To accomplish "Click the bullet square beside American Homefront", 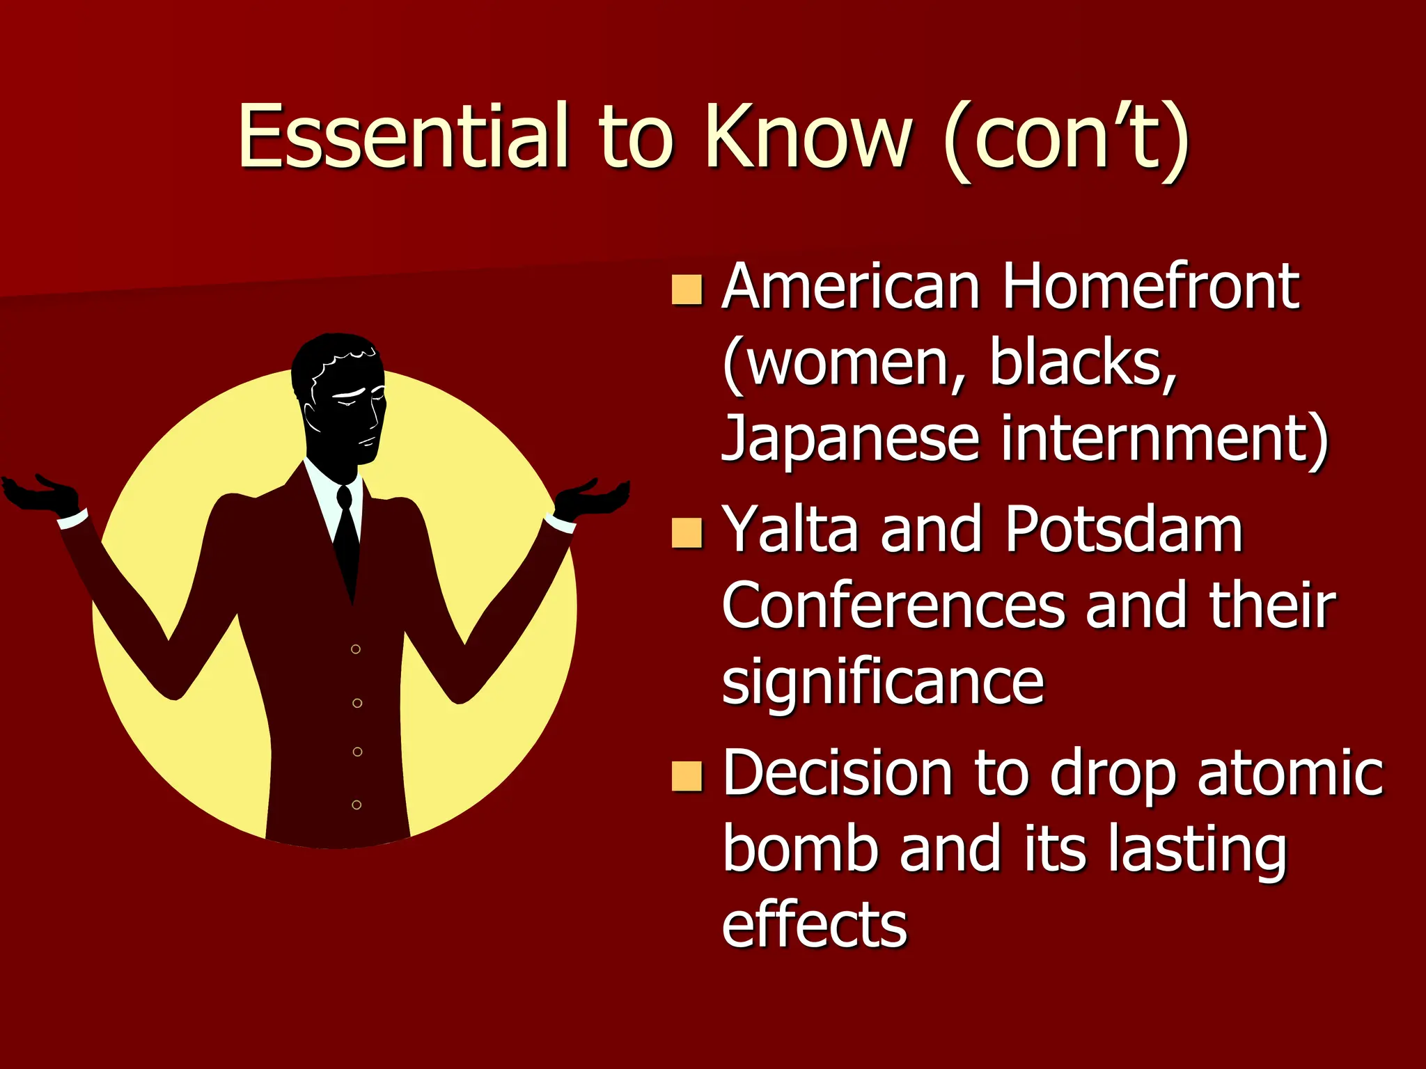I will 687,290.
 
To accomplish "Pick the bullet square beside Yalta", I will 687,533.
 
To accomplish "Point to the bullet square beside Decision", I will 687,777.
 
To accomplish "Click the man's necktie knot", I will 344,496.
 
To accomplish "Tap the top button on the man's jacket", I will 356,649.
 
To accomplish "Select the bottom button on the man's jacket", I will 356,805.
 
